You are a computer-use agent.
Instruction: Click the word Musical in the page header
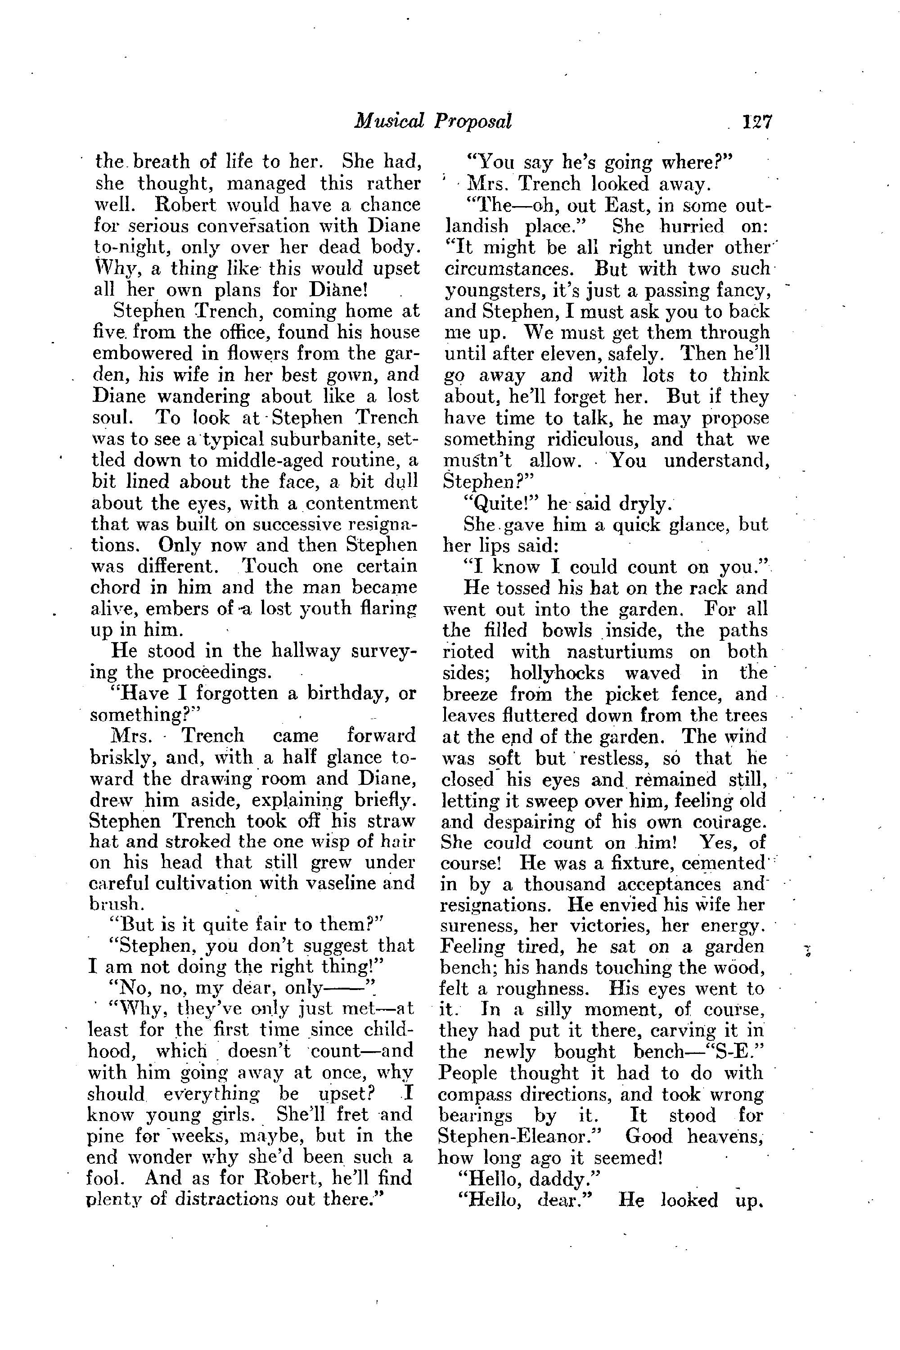(x=389, y=121)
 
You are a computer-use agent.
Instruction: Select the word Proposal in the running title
(x=472, y=121)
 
